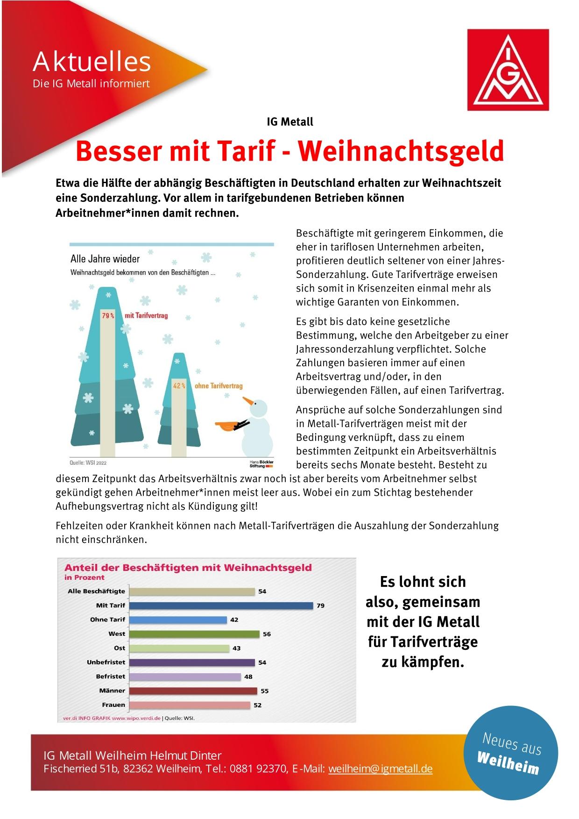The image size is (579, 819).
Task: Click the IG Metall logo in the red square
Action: click(508, 70)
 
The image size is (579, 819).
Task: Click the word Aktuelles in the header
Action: click(92, 62)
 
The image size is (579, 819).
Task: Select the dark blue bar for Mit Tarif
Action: click(220, 605)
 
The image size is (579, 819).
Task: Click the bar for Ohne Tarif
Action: click(177, 620)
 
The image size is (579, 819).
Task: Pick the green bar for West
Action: click(194, 634)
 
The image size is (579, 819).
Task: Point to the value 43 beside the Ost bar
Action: click(237, 648)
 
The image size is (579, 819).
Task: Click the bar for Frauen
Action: click(189, 705)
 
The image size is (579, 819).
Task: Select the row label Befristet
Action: click(111, 676)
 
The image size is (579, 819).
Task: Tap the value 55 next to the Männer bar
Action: click(265, 691)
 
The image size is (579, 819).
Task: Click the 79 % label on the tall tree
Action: click(108, 315)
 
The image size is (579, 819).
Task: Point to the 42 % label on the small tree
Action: click(179, 386)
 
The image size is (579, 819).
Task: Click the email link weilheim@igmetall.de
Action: click(380, 769)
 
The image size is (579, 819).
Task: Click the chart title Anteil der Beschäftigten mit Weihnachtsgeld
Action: click(188, 568)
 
